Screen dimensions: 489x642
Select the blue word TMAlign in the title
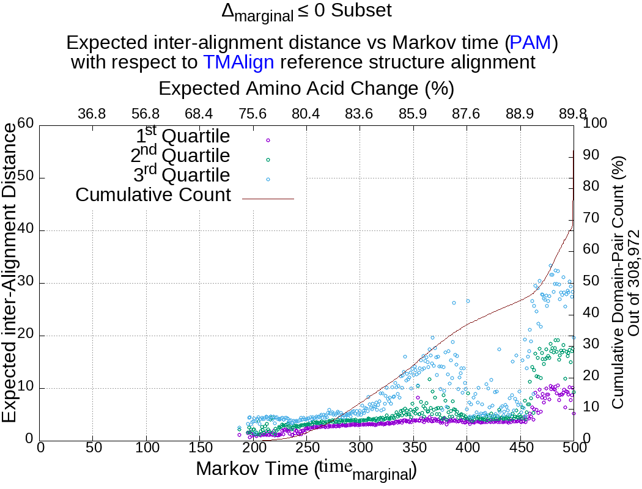click(x=238, y=62)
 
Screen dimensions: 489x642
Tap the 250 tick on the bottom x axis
click(x=306, y=448)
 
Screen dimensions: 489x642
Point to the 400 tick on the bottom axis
click(x=467, y=448)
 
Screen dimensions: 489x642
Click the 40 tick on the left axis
click(x=25, y=230)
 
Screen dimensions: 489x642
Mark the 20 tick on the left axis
click(x=25, y=336)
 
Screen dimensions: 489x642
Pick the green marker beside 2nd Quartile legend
click(x=268, y=160)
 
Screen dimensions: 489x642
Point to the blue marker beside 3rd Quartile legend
click(x=268, y=178)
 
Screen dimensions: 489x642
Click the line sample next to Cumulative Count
click(x=268, y=198)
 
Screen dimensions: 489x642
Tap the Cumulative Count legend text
click(x=153, y=195)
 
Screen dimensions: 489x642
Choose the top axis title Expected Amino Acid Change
click(x=306, y=89)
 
